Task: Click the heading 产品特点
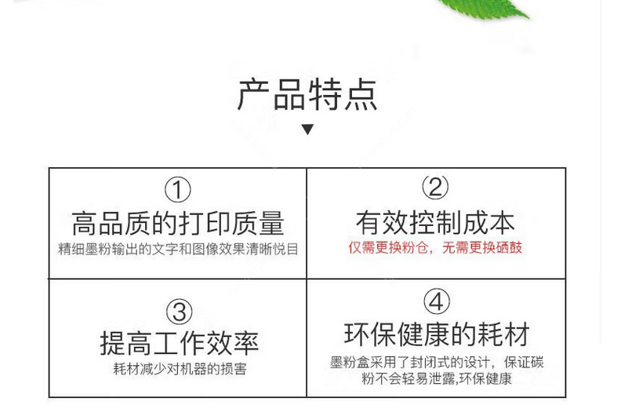click(307, 94)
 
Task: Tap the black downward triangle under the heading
click(307, 130)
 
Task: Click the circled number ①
click(178, 190)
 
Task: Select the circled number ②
click(435, 187)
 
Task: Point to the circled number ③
click(180, 312)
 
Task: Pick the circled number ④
click(437, 301)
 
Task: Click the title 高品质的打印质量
click(178, 224)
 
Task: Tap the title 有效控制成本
click(435, 222)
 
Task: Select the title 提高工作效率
click(180, 344)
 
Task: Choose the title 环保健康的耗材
click(437, 334)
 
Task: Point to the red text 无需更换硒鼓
click(482, 247)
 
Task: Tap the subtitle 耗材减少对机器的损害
click(180, 369)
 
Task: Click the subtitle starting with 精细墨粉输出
click(178, 249)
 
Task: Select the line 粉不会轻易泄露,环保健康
click(437, 379)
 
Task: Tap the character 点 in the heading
click(361, 94)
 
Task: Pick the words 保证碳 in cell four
click(524, 363)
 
